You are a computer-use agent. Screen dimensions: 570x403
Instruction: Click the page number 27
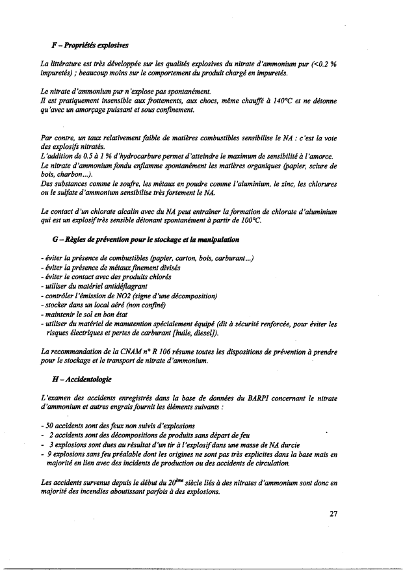333,514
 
